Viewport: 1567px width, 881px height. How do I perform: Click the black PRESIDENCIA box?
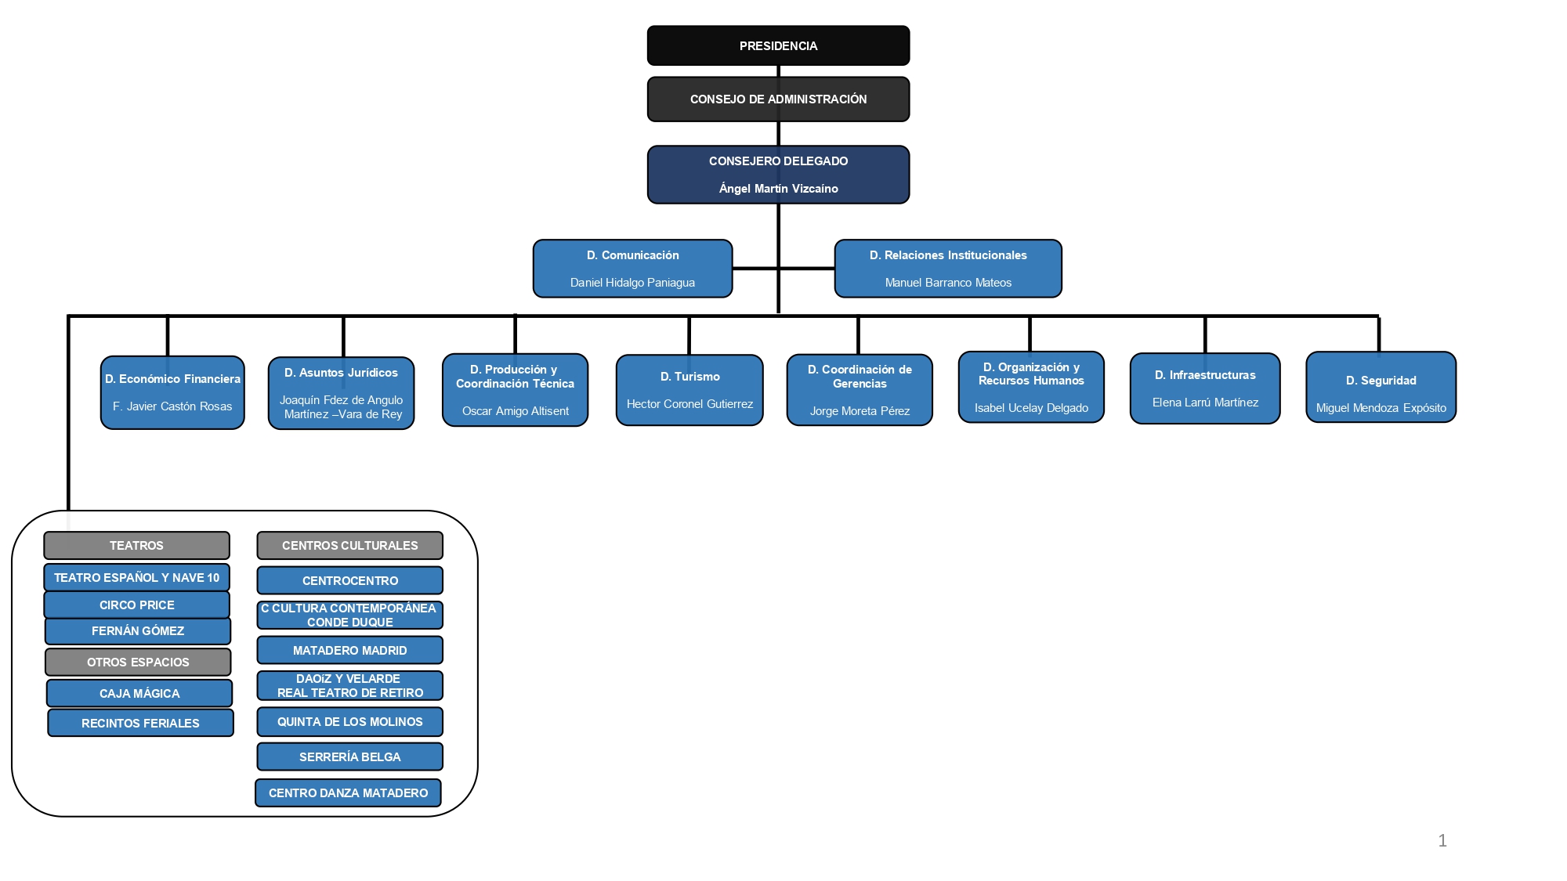(x=778, y=45)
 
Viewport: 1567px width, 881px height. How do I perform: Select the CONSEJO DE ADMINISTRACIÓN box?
(x=778, y=99)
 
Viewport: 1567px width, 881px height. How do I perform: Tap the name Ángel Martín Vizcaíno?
(x=778, y=189)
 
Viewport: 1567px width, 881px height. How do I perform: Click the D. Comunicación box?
(x=632, y=269)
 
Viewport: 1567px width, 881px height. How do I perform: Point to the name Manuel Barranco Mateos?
(x=948, y=283)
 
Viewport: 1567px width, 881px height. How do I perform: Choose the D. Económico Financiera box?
(x=172, y=392)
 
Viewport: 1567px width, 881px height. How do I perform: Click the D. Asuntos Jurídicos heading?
(x=341, y=373)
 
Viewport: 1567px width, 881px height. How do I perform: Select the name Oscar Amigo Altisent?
(x=516, y=411)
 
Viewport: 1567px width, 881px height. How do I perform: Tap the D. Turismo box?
(x=689, y=390)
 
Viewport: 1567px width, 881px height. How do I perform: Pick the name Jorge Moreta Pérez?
(x=859, y=411)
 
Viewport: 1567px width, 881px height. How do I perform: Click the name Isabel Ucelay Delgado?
(x=1031, y=408)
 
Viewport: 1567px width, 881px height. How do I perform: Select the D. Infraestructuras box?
(x=1205, y=388)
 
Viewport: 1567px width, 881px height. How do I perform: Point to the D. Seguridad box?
(x=1381, y=387)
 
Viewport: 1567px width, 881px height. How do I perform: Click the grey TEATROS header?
(x=136, y=545)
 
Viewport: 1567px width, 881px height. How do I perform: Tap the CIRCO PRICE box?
(x=136, y=605)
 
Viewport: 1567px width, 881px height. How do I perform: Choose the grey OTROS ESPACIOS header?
(x=138, y=662)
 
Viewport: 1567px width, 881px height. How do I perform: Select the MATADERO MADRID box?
(x=349, y=650)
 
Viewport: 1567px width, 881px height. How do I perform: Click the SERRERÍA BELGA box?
(x=349, y=756)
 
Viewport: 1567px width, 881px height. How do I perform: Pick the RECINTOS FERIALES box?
(x=140, y=723)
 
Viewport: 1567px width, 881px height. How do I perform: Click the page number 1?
(x=1442, y=840)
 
